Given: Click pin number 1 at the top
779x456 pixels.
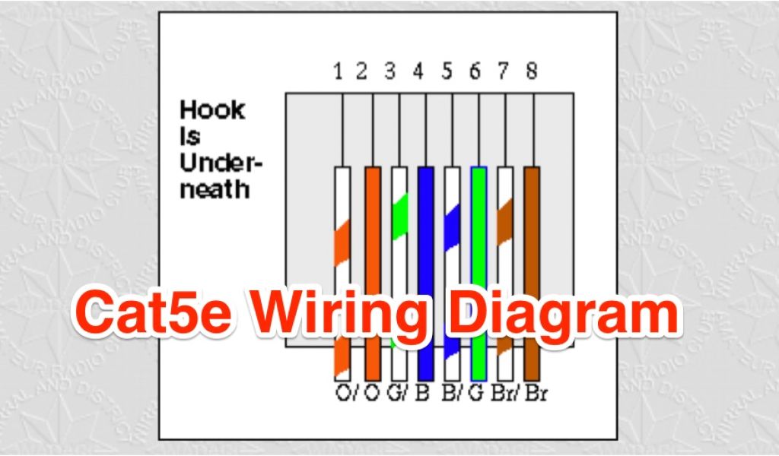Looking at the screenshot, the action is coord(338,71).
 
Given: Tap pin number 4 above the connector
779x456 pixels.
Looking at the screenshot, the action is coord(418,71).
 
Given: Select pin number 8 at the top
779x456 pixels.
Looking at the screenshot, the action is coord(531,71).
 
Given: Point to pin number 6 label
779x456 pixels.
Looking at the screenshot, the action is coord(475,71).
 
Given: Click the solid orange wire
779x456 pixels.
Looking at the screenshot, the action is coord(372,228).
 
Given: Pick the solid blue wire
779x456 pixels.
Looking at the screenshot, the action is coord(425,228).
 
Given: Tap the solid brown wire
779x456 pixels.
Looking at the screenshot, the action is coord(532,228).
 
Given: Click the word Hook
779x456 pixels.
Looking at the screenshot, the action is coord(212,111).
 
